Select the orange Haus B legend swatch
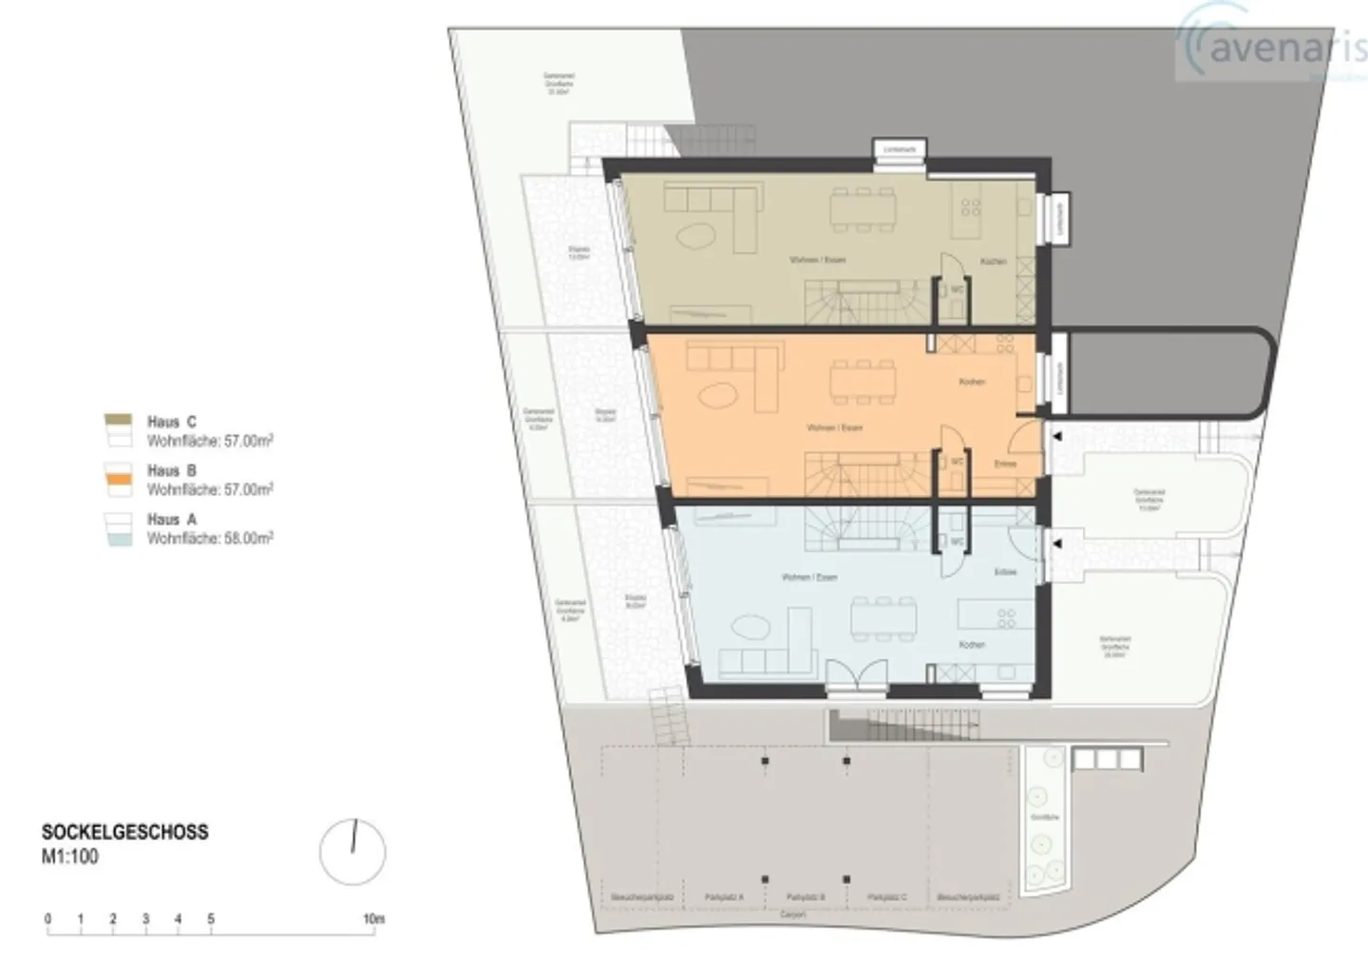[119, 481]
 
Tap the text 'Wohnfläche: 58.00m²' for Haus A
[210, 539]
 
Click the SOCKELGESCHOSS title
[124, 832]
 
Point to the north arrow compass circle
[352, 852]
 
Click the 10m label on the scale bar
[373, 918]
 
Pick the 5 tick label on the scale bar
[211, 918]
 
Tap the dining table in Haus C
[863, 209]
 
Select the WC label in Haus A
[958, 542]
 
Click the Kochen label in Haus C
[993, 261]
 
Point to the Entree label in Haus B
[1005, 464]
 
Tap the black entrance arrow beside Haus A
[1056, 544]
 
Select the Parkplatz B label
[806, 897]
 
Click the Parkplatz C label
[886, 897]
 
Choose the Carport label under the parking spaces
[792, 915]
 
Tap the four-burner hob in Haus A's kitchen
[1006, 618]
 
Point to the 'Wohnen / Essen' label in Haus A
[808, 577]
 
